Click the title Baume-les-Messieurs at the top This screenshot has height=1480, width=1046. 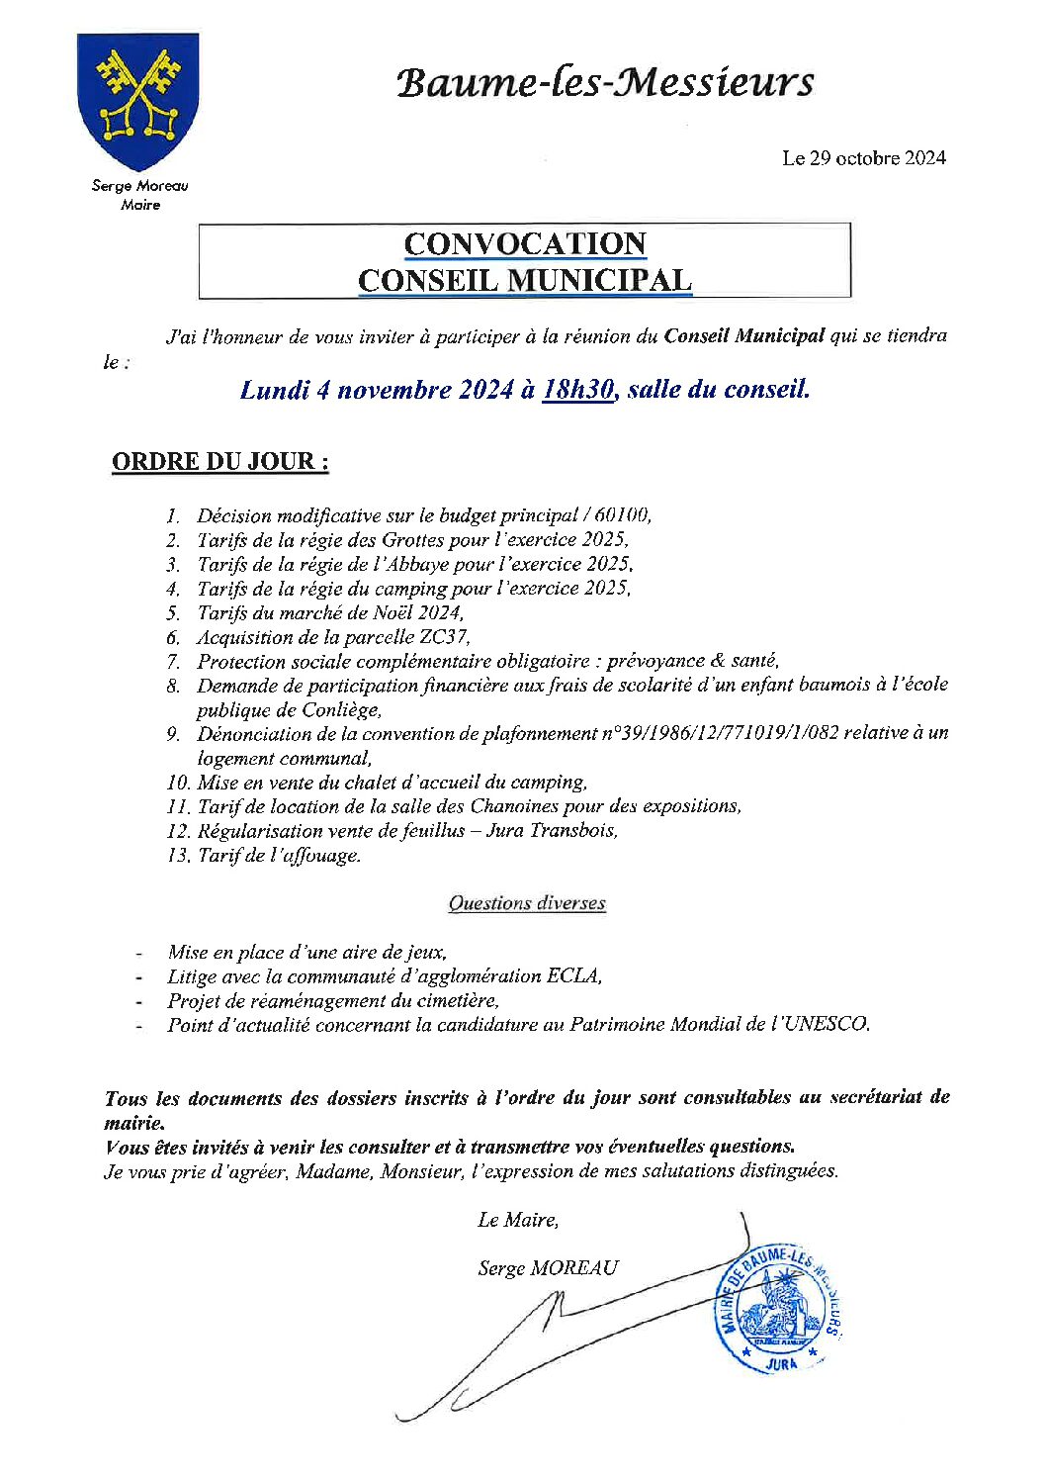click(x=604, y=83)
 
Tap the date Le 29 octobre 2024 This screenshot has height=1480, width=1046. click(x=863, y=158)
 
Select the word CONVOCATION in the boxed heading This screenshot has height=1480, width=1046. click(x=525, y=244)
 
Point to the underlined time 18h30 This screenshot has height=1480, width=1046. click(x=579, y=390)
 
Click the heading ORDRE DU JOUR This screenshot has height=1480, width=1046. click(x=219, y=462)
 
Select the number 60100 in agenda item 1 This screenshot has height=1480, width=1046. click(x=624, y=515)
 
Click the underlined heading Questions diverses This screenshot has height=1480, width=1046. click(x=526, y=903)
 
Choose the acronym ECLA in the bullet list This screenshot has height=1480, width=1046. click(x=572, y=976)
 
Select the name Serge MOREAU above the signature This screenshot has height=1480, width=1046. click(x=548, y=1268)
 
